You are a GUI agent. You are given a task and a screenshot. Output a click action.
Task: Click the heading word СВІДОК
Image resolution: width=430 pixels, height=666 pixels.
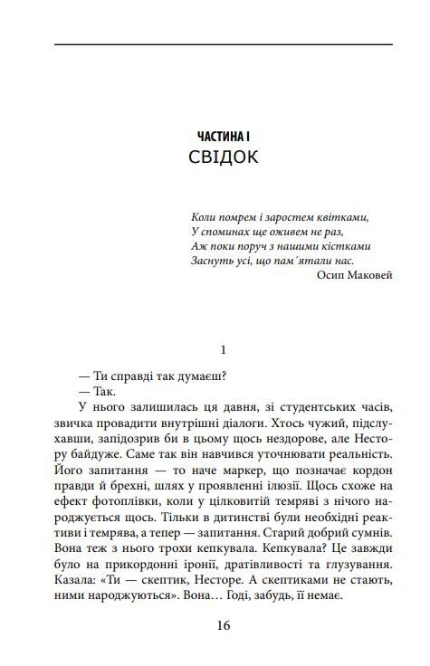tap(224, 157)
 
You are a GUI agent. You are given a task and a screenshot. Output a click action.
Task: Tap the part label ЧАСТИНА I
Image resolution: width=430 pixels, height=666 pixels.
tap(224, 135)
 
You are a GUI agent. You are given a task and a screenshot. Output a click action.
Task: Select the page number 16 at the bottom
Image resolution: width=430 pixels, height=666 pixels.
tap(224, 625)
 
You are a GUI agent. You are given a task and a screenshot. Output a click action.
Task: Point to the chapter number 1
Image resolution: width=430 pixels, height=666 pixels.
tap(224, 347)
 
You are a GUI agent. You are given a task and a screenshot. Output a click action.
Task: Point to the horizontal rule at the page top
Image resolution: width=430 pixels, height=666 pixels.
tap(224, 44)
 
